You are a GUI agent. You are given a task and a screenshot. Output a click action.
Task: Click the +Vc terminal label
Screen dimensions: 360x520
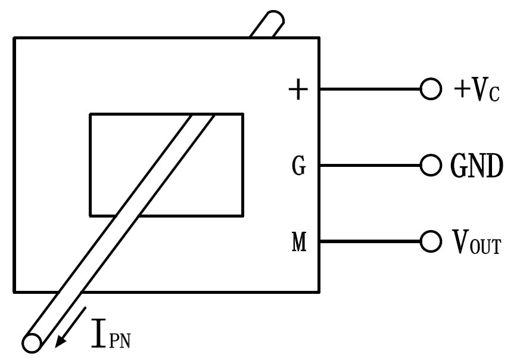(475, 90)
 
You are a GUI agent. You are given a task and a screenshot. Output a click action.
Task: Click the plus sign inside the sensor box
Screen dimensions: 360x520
(298, 90)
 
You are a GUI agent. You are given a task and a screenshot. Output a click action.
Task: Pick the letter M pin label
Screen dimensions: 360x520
(298, 243)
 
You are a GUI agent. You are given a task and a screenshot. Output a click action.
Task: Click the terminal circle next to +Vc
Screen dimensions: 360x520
(429, 90)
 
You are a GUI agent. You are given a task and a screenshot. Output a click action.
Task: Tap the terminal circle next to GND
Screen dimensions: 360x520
(429, 165)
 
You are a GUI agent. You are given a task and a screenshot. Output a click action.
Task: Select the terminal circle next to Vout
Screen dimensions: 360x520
(429, 242)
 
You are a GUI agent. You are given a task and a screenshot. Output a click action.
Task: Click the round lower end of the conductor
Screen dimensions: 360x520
(32, 343)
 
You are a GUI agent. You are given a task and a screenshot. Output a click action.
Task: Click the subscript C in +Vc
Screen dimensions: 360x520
(491, 94)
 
